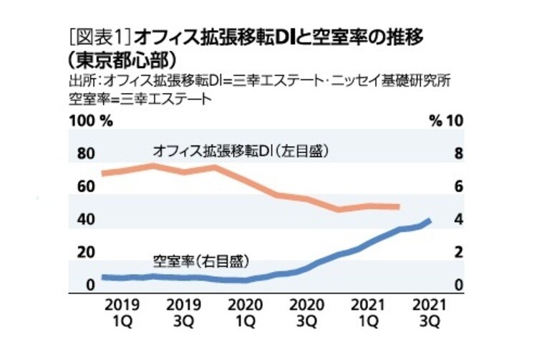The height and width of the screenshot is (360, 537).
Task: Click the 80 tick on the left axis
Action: (x=85, y=154)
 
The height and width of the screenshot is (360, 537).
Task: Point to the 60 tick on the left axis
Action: (x=85, y=187)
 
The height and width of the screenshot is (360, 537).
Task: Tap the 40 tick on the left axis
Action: (x=85, y=220)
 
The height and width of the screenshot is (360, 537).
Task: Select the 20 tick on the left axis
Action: (x=85, y=253)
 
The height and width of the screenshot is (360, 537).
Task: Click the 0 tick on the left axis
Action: (x=90, y=286)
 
